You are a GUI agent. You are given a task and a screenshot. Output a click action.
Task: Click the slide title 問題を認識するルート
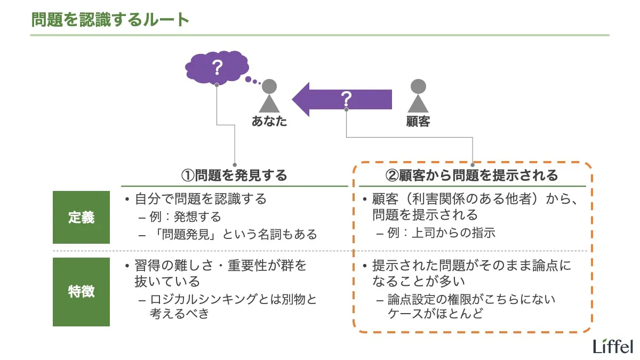pos(110,20)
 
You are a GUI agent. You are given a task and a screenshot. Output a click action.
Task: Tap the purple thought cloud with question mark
pos(216,68)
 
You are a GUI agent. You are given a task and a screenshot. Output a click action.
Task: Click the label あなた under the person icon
pos(269,122)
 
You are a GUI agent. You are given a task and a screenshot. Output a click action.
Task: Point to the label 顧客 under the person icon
pos(418,122)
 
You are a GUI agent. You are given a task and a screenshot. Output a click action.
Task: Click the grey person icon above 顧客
pos(418,95)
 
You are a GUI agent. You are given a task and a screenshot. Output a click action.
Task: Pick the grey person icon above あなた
pos(269,95)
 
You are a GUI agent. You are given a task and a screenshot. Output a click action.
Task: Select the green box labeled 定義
pos(81,218)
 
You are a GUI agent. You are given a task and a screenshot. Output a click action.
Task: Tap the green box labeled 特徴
pos(81,292)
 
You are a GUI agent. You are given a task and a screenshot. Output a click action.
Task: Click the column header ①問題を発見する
pos(234,175)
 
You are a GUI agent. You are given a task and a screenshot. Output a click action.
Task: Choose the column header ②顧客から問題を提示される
pos(471,175)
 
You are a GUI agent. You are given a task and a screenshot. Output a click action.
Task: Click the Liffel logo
pos(613,346)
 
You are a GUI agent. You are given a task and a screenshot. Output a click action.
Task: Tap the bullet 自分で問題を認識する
pos(200,199)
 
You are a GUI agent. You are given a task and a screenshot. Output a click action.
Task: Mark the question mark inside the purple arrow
pos(347,98)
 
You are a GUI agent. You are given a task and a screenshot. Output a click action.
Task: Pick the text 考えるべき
pos(179,314)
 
